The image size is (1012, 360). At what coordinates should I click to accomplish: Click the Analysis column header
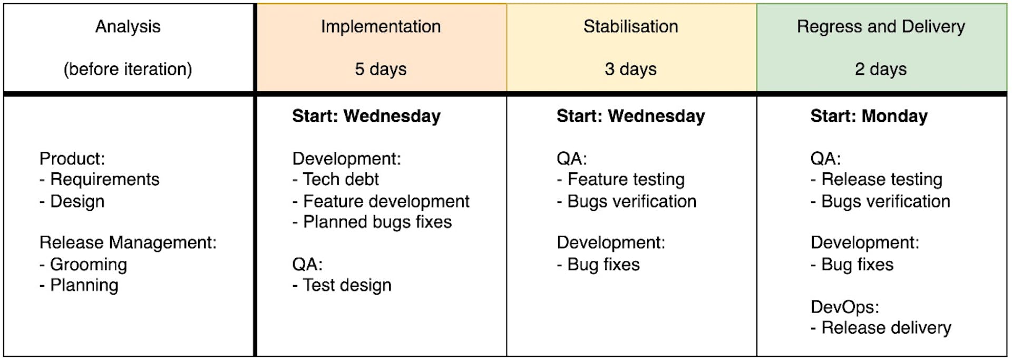click(x=128, y=26)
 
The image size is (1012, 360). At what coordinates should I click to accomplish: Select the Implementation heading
click(x=381, y=26)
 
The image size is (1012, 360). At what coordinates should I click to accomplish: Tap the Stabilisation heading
click(x=630, y=26)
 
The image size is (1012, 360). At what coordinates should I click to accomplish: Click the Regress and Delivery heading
click(x=881, y=26)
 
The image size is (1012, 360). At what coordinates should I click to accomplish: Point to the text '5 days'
click(x=381, y=69)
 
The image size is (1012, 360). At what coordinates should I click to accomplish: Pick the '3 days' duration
click(x=630, y=69)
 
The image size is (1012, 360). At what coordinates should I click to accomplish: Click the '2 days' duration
click(x=881, y=69)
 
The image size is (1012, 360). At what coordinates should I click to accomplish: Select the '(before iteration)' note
click(x=128, y=69)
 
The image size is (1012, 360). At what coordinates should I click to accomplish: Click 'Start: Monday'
click(x=869, y=116)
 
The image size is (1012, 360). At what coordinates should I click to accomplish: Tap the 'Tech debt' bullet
click(x=340, y=180)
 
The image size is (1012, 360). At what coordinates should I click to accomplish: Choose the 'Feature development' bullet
click(x=386, y=201)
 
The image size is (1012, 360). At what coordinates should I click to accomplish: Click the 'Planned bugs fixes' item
click(x=377, y=222)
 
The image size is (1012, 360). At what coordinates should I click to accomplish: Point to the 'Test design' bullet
click(x=347, y=286)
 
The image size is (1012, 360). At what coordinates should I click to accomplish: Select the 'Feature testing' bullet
click(x=626, y=180)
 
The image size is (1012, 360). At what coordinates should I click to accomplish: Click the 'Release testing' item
click(x=881, y=180)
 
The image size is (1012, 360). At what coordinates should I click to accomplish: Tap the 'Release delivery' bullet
click(x=886, y=328)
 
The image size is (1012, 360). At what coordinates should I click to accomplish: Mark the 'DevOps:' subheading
click(x=844, y=307)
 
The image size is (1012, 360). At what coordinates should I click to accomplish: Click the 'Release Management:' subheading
click(x=128, y=242)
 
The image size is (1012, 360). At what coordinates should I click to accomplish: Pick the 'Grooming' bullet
click(x=88, y=265)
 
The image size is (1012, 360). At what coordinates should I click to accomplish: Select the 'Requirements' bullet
click(x=104, y=180)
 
